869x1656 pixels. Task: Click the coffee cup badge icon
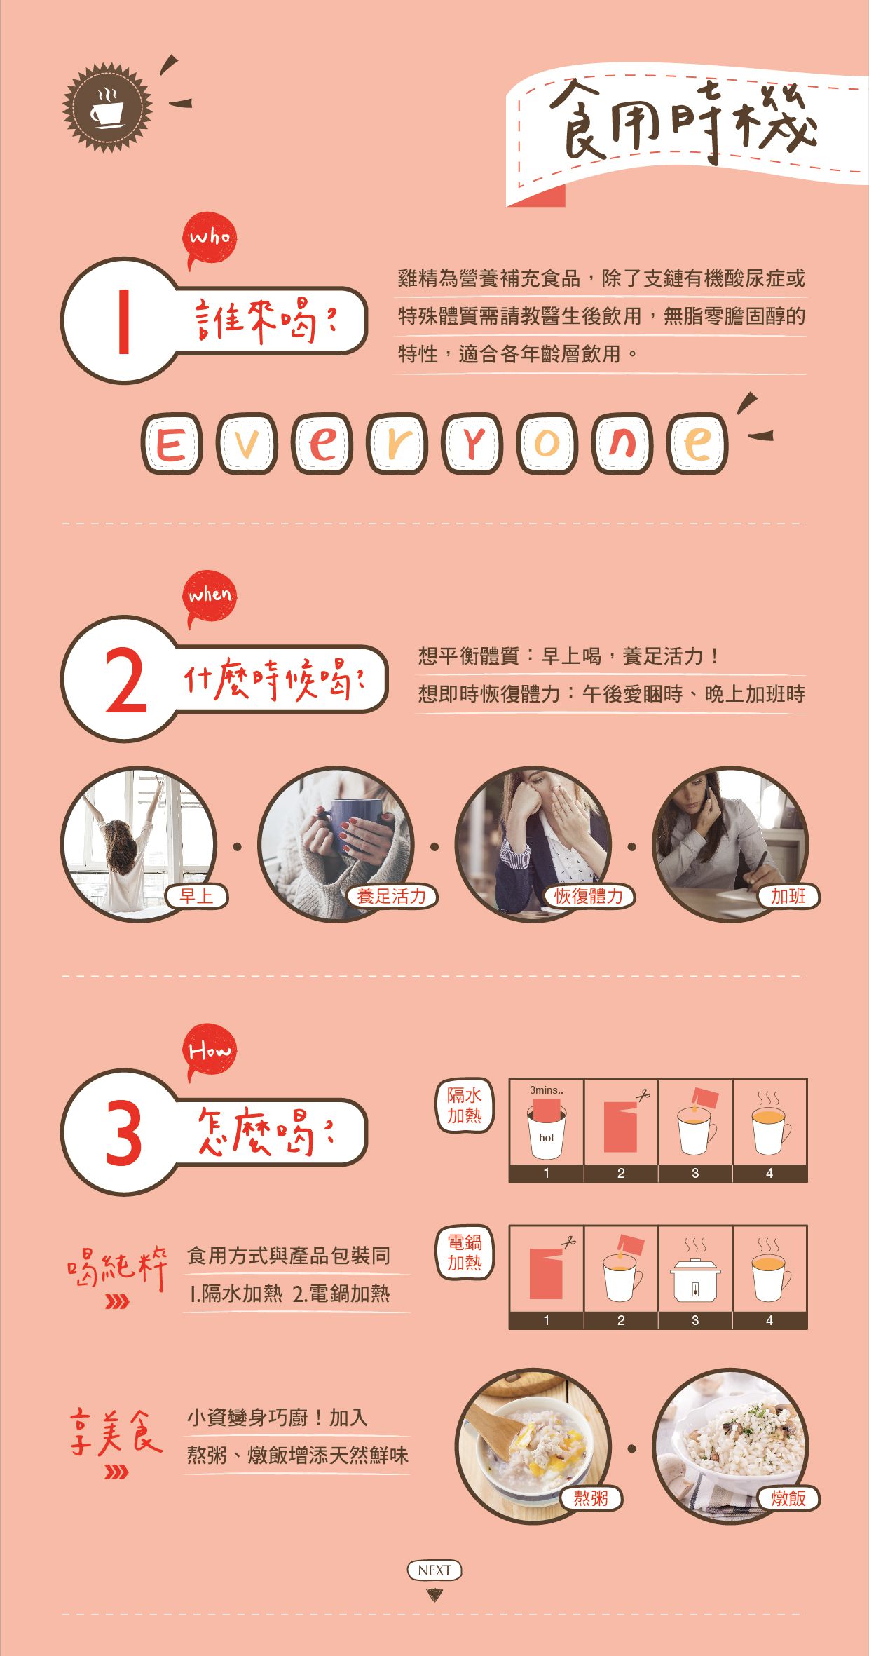click(107, 107)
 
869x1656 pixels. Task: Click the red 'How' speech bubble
click(210, 1051)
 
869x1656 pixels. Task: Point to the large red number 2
click(126, 681)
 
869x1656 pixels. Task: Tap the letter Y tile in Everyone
click(472, 444)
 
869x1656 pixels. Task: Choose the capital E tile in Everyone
click(171, 444)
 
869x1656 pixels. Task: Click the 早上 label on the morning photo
click(196, 896)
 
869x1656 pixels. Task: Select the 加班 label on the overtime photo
click(788, 896)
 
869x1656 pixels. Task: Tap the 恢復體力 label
click(589, 896)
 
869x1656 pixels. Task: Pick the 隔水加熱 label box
click(465, 1106)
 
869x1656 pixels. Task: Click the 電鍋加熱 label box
click(465, 1253)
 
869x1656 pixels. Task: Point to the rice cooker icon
click(695, 1280)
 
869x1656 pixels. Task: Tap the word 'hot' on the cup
click(547, 1138)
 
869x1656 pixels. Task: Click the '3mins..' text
click(546, 1090)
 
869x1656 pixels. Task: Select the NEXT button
click(434, 1570)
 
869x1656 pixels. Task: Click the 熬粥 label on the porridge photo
click(591, 1498)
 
